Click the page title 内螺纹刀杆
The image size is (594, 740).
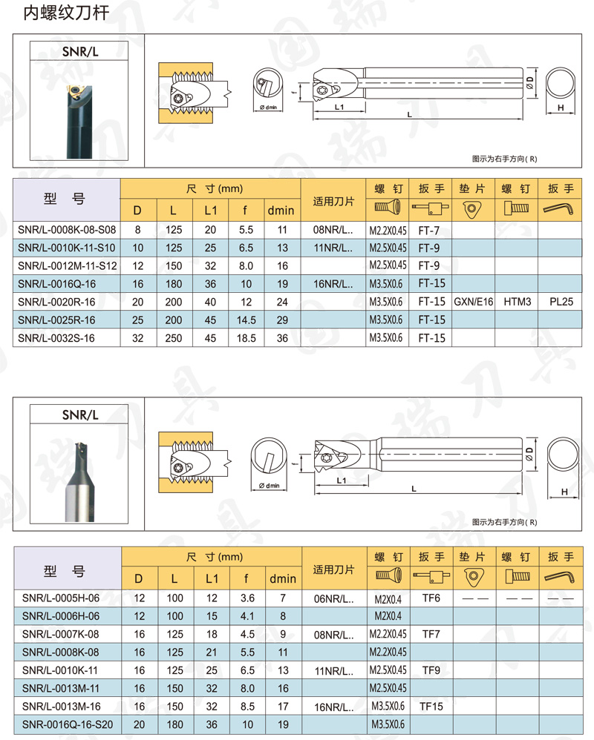66,13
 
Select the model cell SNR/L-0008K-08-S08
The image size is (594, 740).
67,230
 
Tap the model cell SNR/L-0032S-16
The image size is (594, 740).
56,338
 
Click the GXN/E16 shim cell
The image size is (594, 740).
474,302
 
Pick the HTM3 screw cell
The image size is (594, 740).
517,302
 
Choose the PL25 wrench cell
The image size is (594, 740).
561,302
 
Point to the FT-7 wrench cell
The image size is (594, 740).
428,231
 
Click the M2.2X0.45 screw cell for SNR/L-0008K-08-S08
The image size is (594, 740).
388,231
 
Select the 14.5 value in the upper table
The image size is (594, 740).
247,320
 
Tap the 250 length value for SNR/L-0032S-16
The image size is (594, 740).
174,338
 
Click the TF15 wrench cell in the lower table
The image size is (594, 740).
431,707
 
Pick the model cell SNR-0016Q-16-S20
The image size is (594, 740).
68,724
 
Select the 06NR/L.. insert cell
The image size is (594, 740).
333,599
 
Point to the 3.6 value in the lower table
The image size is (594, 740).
247,598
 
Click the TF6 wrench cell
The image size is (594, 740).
431,598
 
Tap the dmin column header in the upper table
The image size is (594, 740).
281,211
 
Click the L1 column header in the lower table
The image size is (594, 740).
212,578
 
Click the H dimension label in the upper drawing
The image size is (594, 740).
561,108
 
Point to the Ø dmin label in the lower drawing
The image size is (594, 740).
269,486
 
